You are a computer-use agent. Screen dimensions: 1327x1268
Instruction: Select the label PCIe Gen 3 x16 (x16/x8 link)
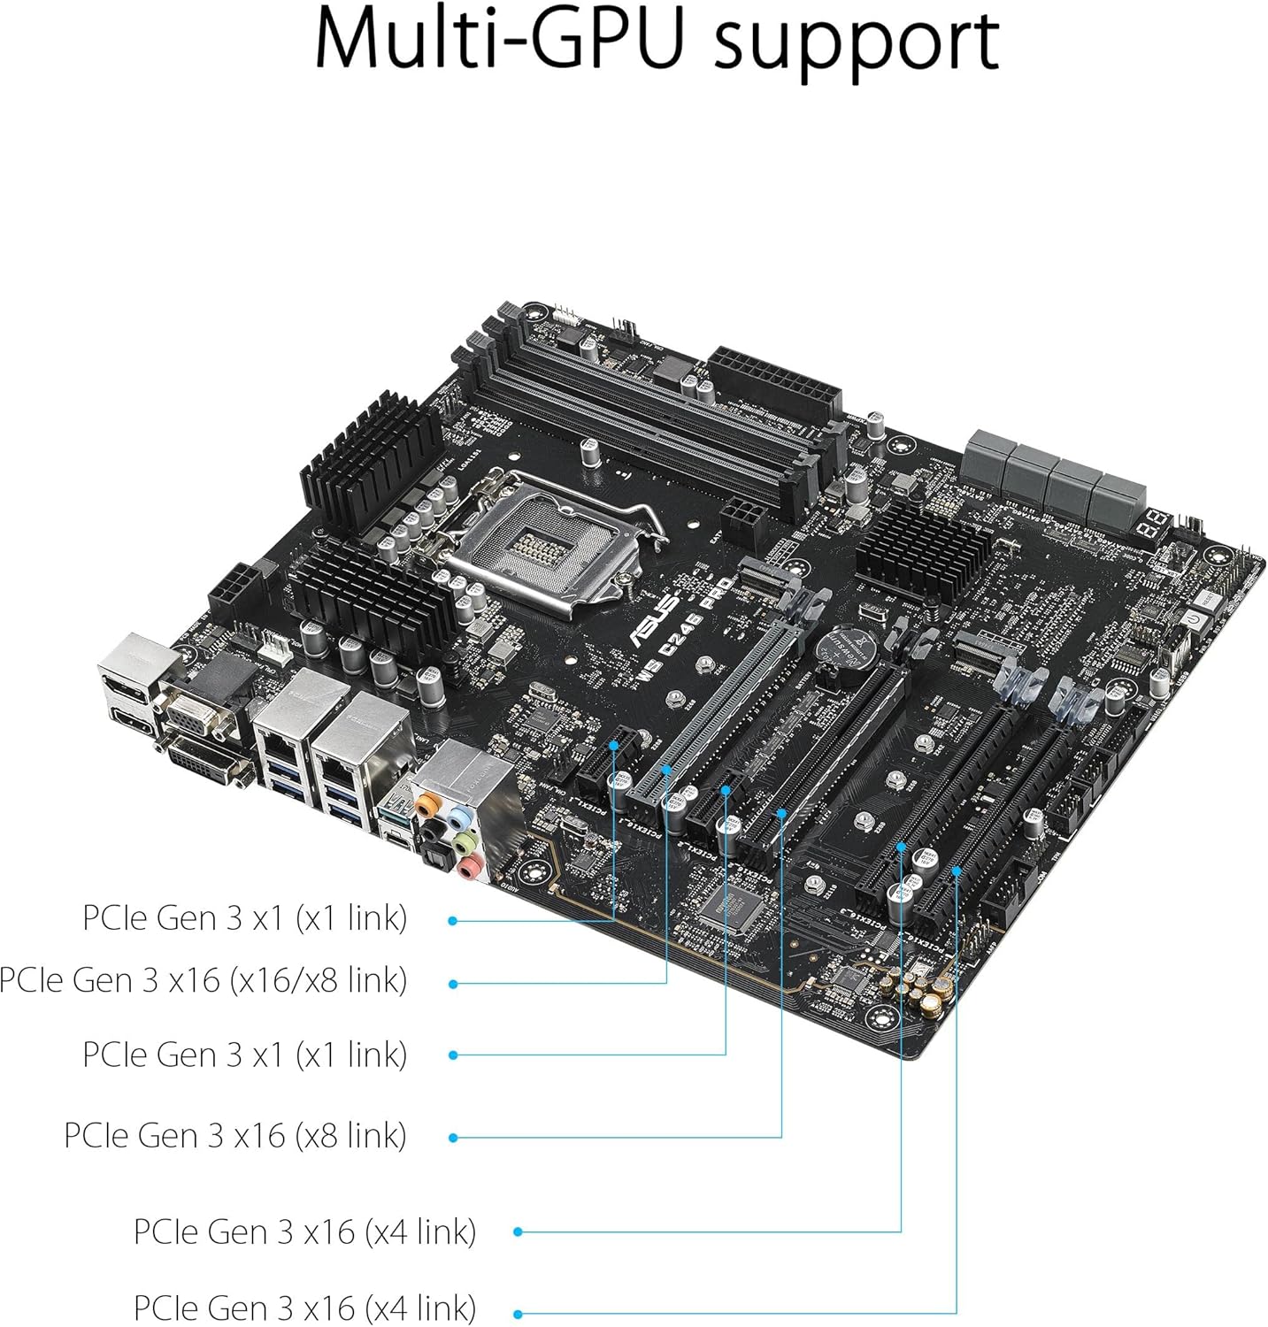[203, 980]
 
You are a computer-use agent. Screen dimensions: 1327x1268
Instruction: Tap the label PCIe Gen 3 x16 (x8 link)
[234, 1135]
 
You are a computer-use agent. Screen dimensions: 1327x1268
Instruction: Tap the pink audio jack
[471, 866]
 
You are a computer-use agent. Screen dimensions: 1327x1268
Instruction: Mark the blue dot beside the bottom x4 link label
[518, 1314]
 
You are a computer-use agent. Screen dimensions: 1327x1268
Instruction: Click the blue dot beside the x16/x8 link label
[453, 984]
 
